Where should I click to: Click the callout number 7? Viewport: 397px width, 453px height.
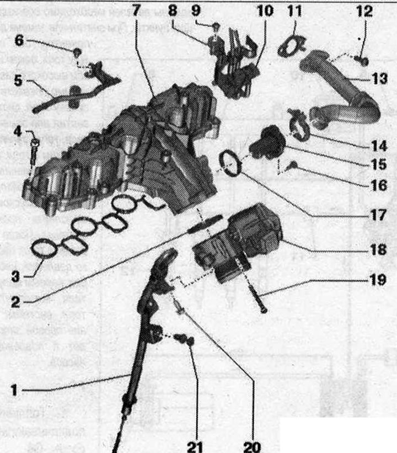coord(136,10)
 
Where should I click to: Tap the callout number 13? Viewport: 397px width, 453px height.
coord(379,78)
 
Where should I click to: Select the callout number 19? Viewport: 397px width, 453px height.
coord(378,280)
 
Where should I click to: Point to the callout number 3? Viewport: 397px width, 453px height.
coord(15,276)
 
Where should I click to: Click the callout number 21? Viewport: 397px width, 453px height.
coord(195,446)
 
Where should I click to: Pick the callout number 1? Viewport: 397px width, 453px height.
coord(14,390)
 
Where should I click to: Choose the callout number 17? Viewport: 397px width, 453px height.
coord(378,215)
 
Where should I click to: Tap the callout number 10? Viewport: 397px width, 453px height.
coord(265,11)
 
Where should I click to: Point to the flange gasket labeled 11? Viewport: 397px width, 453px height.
coord(292,46)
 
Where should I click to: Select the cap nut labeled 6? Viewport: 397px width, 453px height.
coord(77,52)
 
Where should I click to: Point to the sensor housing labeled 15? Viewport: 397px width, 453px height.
coord(267,142)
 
